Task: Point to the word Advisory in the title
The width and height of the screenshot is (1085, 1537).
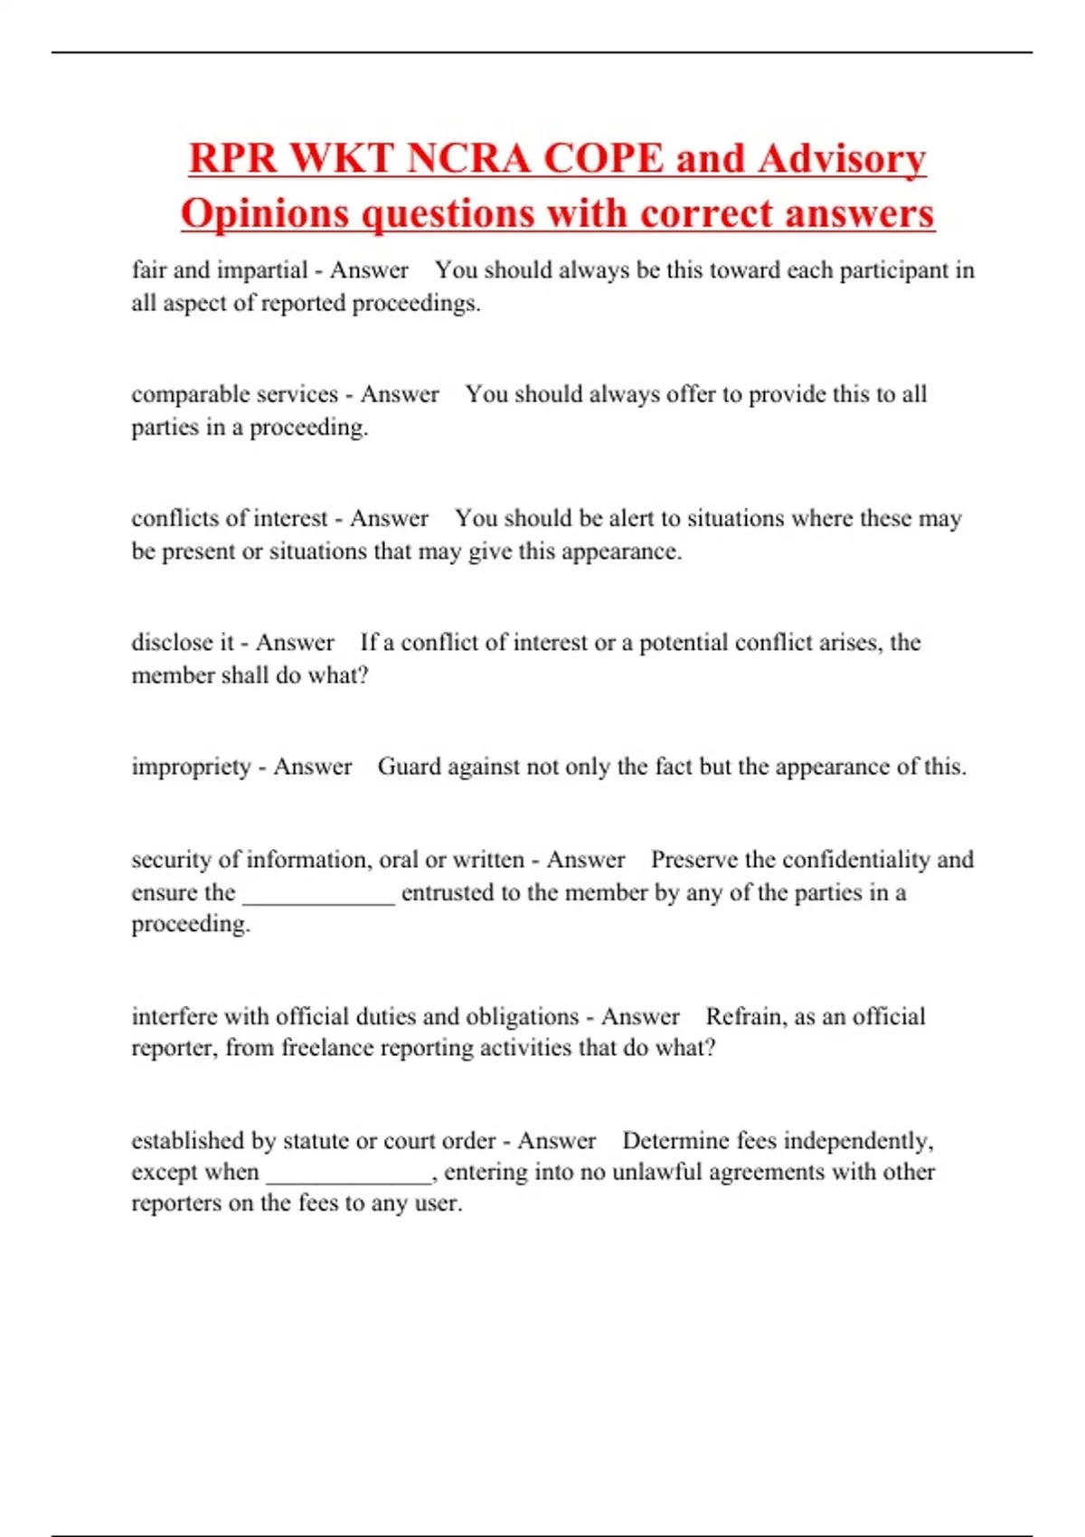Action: [841, 159]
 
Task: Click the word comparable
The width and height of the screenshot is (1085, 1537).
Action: [189, 395]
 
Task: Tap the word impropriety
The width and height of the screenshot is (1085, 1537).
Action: [191, 767]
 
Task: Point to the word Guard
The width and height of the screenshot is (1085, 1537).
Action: [409, 767]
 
